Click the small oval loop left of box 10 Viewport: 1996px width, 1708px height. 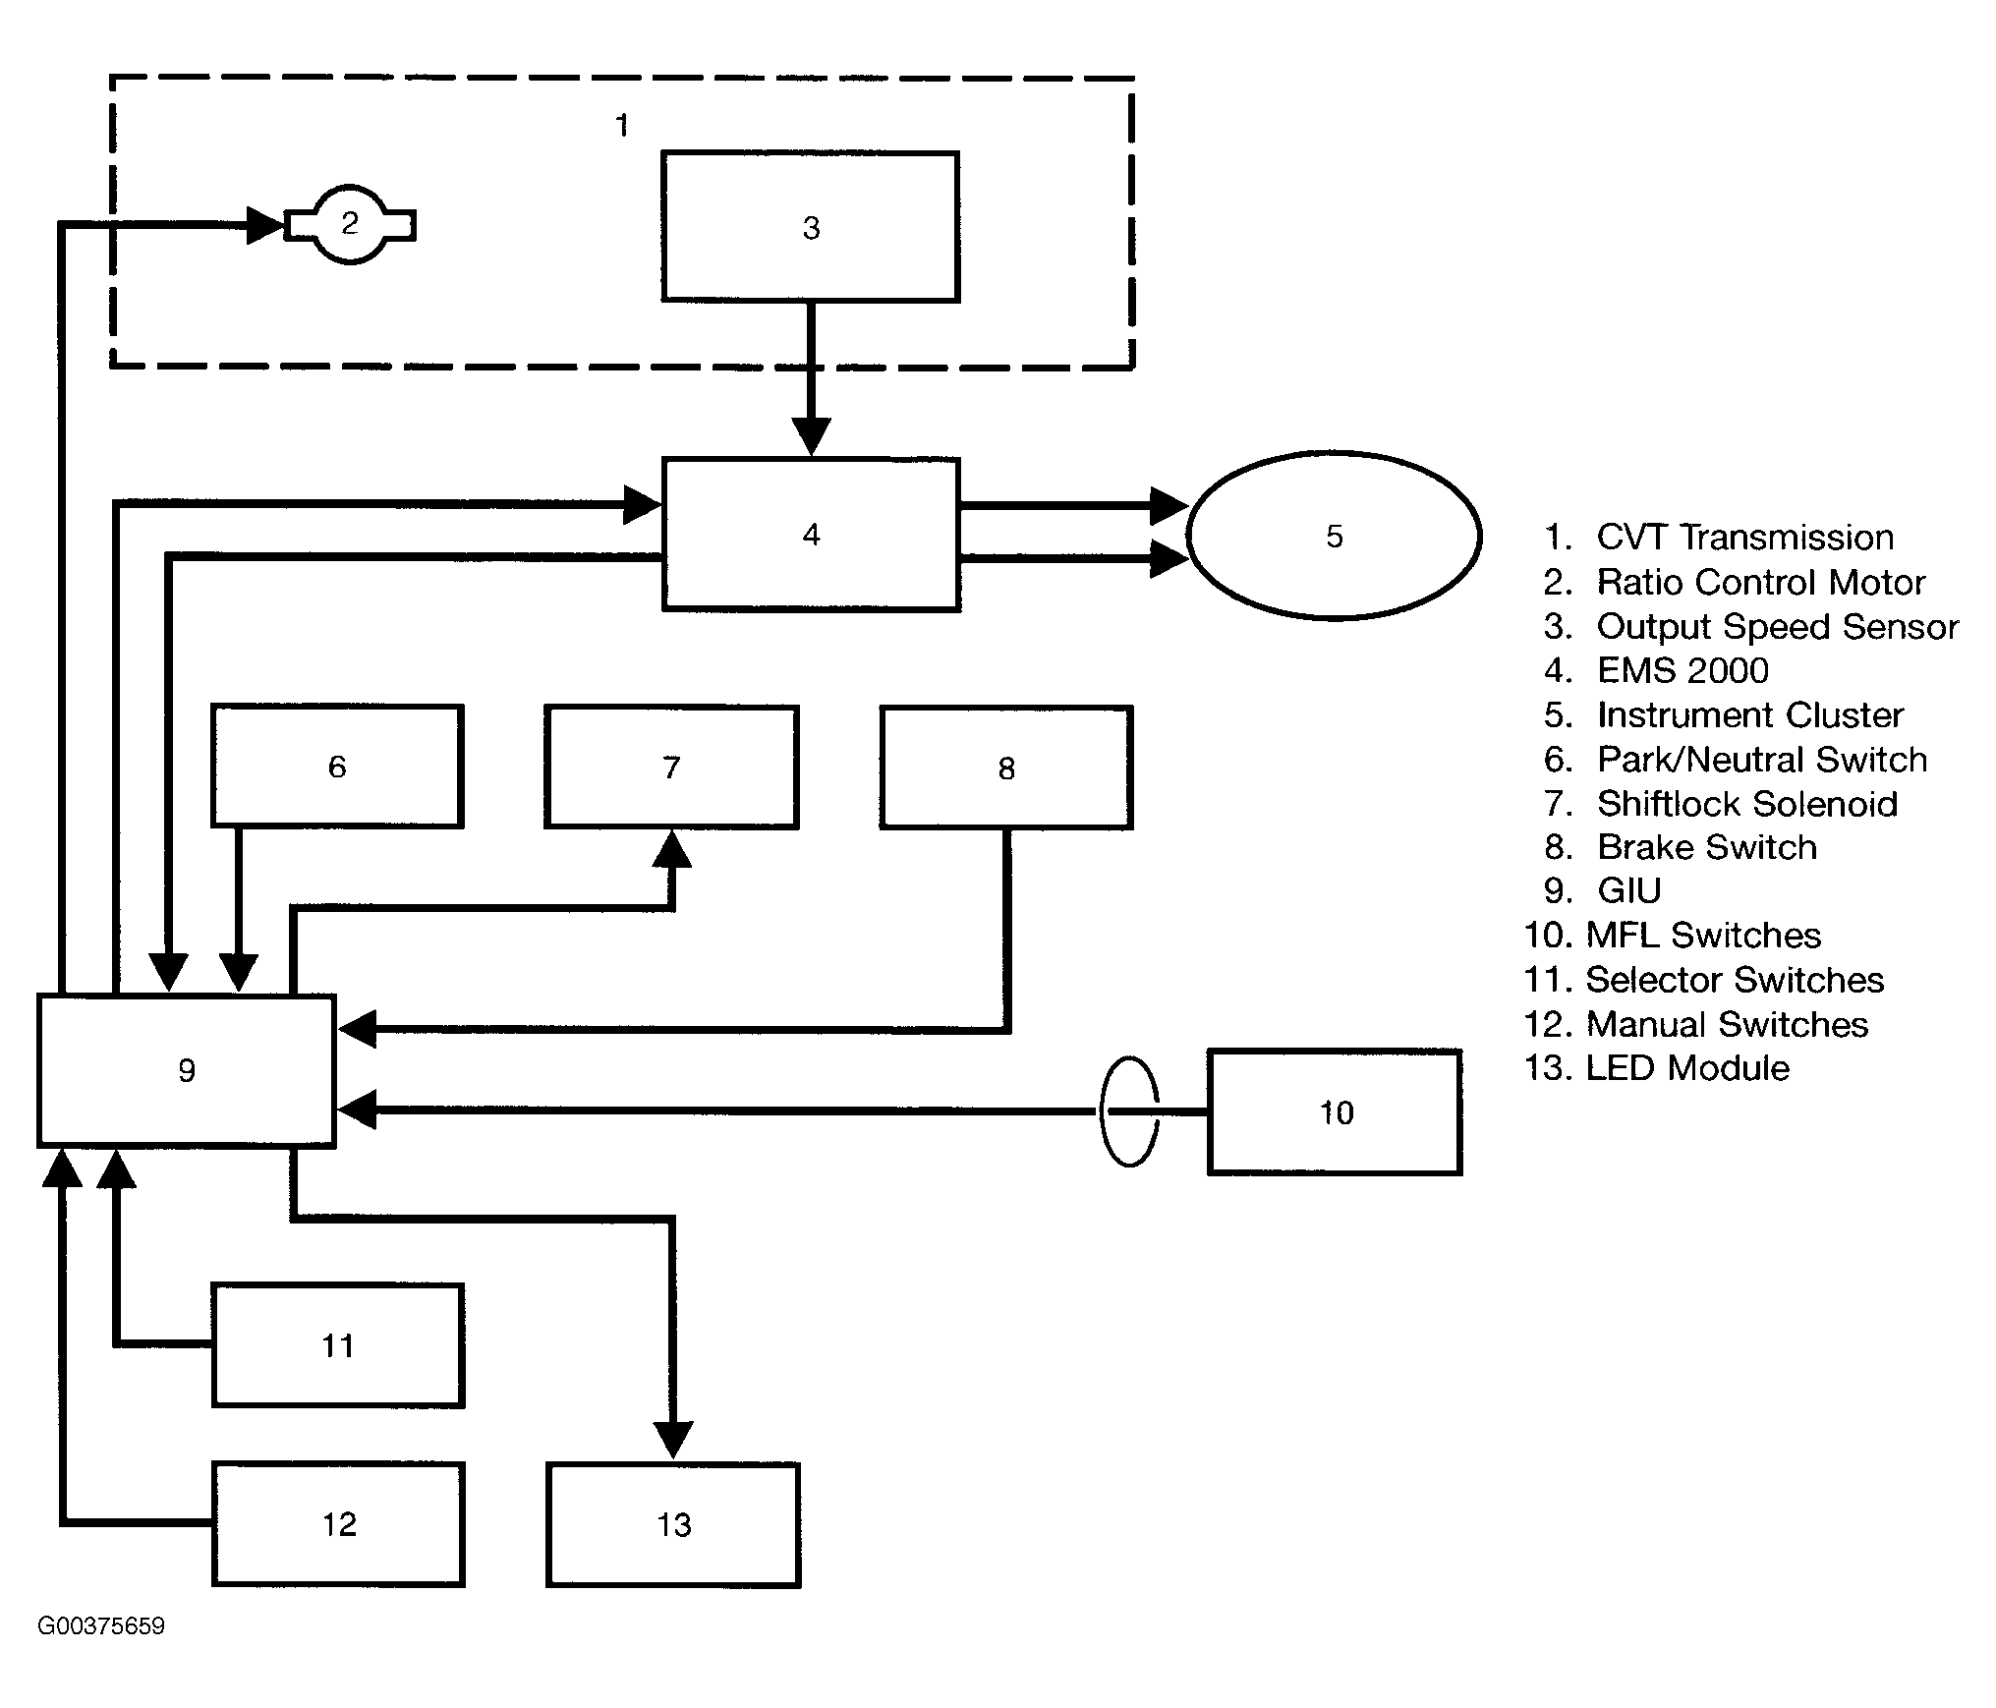click(1101, 1111)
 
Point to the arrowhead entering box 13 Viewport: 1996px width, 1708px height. click(673, 1441)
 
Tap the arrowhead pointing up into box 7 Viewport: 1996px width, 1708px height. click(672, 848)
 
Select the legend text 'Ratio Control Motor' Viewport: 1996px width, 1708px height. click(1760, 582)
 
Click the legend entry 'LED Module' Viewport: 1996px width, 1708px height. click(1687, 1067)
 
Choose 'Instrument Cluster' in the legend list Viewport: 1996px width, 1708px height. click(1749, 714)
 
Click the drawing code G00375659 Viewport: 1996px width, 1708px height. click(101, 1626)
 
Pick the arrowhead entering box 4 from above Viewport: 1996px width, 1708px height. click(811, 437)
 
